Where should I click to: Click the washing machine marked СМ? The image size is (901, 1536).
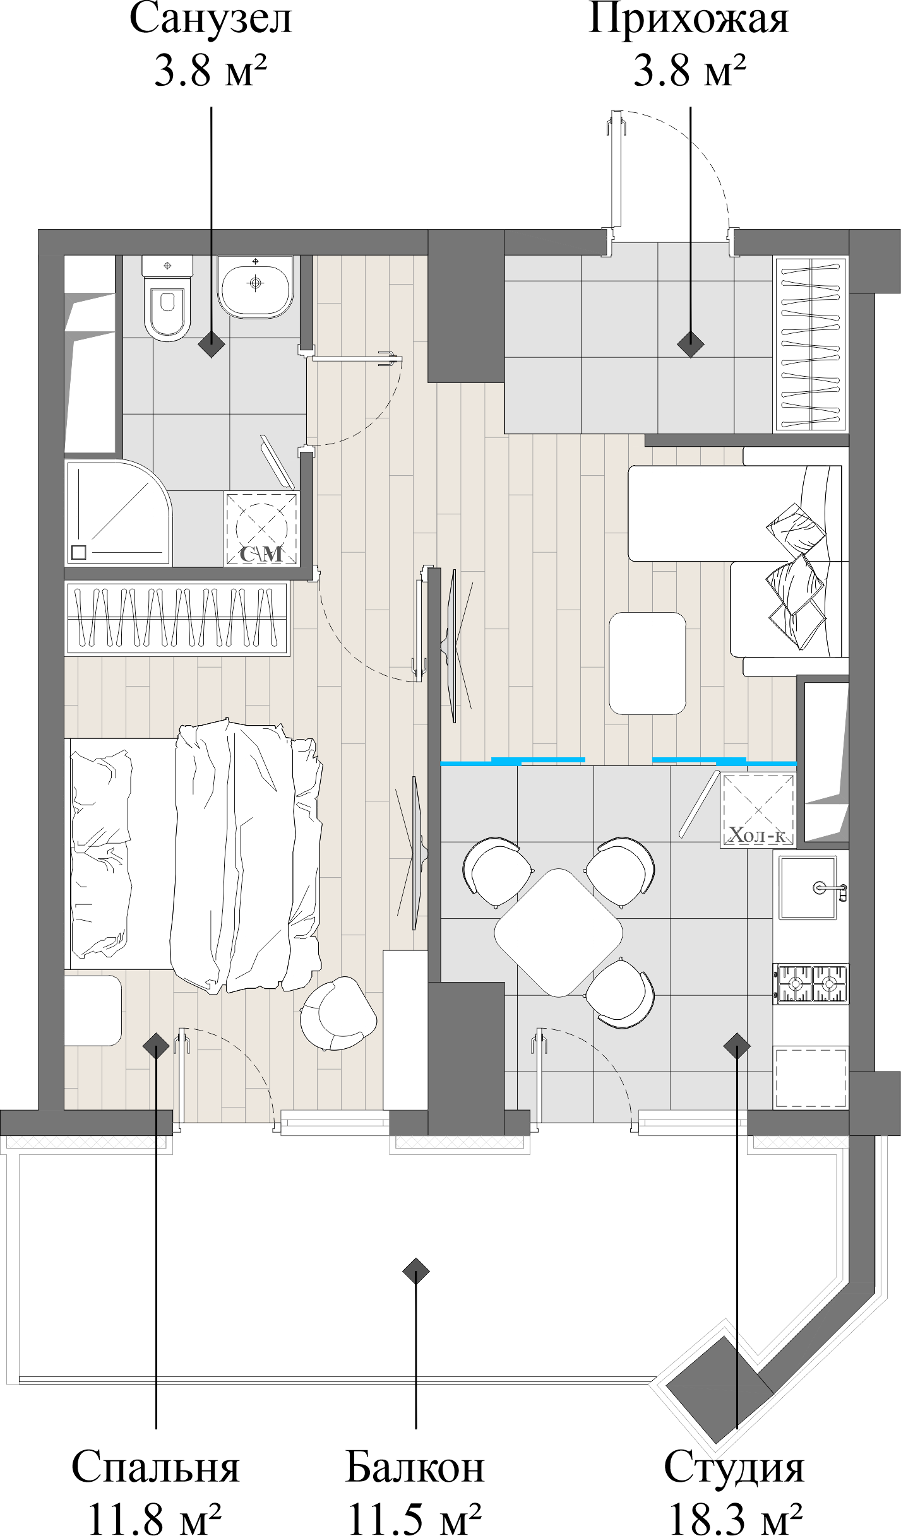click(x=261, y=529)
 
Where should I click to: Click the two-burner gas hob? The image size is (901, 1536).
click(x=811, y=984)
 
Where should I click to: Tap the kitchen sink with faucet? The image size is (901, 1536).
click(x=808, y=887)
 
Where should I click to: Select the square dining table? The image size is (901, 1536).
click(x=558, y=933)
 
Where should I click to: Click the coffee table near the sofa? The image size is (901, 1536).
click(x=647, y=663)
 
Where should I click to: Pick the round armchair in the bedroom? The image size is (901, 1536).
click(x=338, y=1014)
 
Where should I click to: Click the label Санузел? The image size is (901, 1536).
click(x=211, y=20)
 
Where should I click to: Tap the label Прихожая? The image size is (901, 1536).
click(x=688, y=20)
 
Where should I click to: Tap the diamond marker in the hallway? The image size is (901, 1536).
click(x=690, y=345)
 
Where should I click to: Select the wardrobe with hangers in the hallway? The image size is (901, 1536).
click(x=811, y=344)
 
